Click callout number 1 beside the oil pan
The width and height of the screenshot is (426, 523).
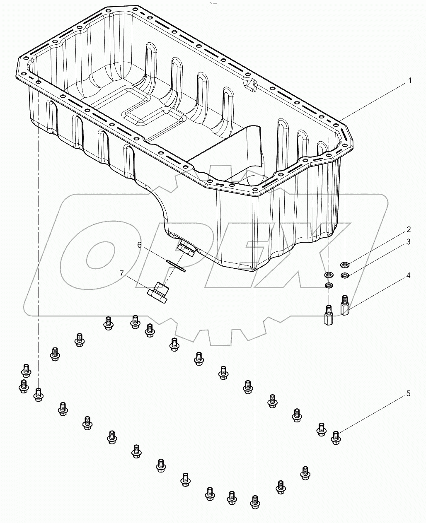tap(410, 81)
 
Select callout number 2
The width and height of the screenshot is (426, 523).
tap(408, 229)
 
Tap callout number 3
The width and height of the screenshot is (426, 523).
tap(408, 242)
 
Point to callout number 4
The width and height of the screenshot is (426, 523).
tap(408, 275)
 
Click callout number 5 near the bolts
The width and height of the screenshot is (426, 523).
tap(408, 393)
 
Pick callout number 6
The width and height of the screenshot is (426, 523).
tap(140, 245)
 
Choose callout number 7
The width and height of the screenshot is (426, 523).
tap(121, 273)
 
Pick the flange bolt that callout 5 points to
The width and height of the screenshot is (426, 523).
tap(336, 437)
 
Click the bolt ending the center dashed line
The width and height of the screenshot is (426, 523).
tap(255, 501)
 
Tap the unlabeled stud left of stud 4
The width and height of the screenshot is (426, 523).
tap(328, 315)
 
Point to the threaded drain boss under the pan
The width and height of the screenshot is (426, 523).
tap(186, 249)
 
